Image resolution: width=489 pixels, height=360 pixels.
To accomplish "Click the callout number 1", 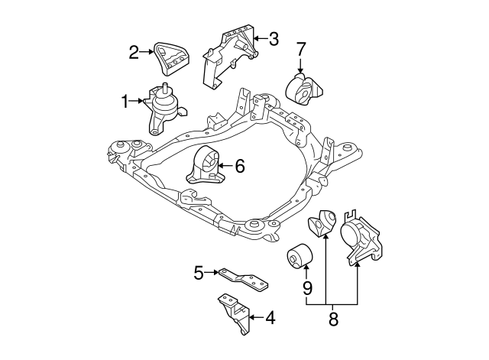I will (124, 100).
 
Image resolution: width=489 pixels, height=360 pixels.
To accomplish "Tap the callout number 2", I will (134, 52).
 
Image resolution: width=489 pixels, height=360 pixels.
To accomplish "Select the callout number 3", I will (274, 37).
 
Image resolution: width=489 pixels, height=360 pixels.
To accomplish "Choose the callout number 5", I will (198, 271).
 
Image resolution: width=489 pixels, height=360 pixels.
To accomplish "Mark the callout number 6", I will (239, 164).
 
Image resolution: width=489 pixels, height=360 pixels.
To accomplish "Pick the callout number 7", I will (301, 51).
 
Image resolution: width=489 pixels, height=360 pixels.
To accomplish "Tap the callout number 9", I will (307, 289).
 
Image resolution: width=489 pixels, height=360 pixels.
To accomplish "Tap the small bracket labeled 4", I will (233, 313).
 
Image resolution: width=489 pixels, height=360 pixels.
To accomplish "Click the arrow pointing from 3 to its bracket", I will (259, 37).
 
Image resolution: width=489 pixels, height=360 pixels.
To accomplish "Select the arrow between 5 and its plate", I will (212, 271).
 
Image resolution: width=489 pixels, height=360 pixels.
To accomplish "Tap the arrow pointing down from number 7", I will (301, 67).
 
